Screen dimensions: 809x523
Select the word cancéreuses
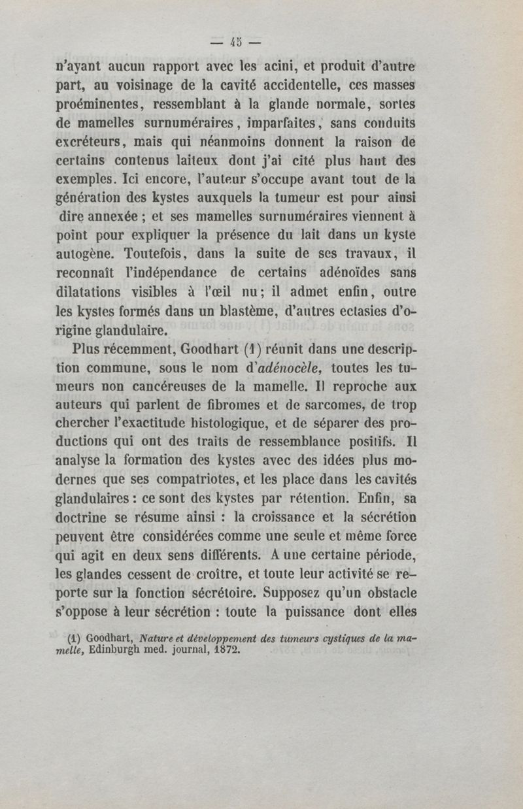pyautogui.click(x=161, y=381)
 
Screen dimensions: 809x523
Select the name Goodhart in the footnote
pyautogui.click(x=105, y=638)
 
